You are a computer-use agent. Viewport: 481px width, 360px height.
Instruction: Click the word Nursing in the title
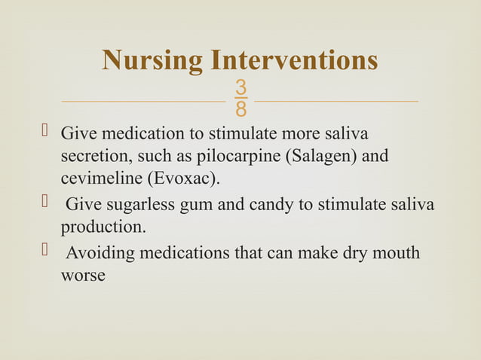152,61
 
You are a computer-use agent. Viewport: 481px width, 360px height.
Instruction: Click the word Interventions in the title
294,60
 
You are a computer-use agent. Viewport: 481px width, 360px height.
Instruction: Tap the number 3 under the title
240,88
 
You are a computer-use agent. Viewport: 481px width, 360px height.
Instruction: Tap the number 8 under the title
240,110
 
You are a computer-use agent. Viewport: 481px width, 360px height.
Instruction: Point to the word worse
82,276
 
